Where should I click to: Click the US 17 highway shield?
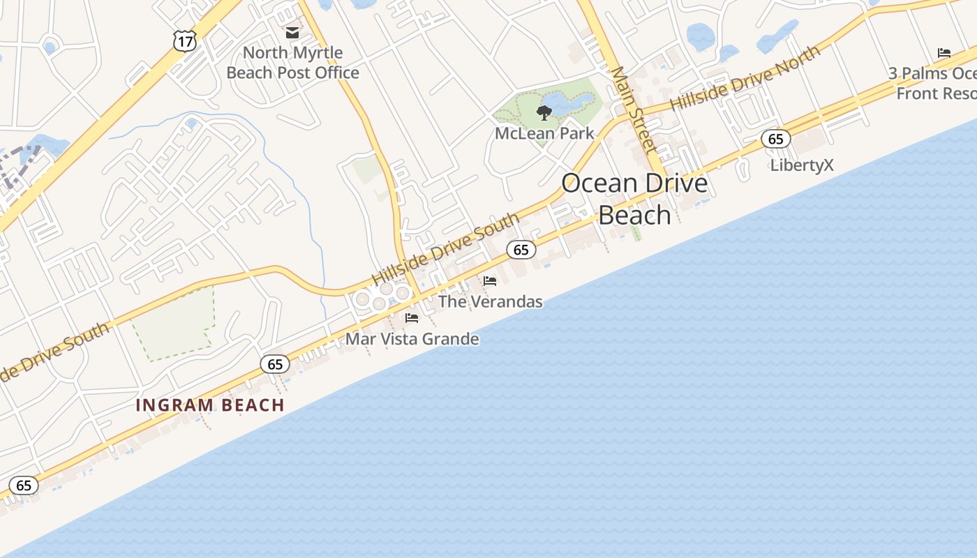pyautogui.click(x=185, y=41)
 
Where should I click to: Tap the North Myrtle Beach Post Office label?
pyautogui.click(x=293, y=63)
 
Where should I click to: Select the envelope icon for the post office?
pyautogui.click(x=292, y=33)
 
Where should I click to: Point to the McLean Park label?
pyautogui.click(x=544, y=133)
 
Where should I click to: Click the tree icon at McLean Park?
pyautogui.click(x=544, y=112)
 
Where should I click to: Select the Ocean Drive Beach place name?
pyautogui.click(x=634, y=199)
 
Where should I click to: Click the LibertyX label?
pyautogui.click(x=802, y=165)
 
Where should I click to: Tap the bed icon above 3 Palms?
pyautogui.click(x=944, y=53)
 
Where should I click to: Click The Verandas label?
pyautogui.click(x=490, y=302)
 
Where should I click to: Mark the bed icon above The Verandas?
pyautogui.click(x=490, y=281)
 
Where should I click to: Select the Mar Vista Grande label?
pyautogui.click(x=412, y=340)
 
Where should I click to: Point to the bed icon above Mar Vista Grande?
pyautogui.click(x=412, y=318)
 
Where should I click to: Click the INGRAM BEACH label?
pyautogui.click(x=210, y=405)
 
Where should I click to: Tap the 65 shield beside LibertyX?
pyautogui.click(x=775, y=139)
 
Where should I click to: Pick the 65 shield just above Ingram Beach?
pyautogui.click(x=275, y=364)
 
